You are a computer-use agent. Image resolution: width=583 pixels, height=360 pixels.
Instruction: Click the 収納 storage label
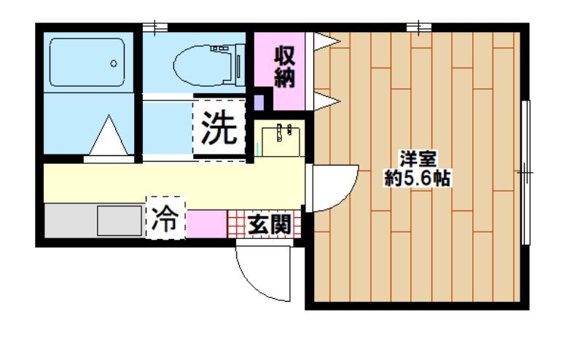[x=284, y=67]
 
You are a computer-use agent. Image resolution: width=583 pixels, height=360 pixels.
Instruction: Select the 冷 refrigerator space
[x=165, y=218]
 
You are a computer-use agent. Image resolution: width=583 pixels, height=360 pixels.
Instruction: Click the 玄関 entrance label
[x=269, y=224]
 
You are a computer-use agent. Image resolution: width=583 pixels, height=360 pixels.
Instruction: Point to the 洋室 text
[x=418, y=160]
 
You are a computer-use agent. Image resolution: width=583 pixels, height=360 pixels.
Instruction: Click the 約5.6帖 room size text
[x=418, y=178]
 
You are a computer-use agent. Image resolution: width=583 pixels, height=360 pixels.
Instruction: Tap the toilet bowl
[x=205, y=65]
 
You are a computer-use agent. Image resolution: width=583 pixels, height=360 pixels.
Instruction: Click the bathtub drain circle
[x=114, y=63]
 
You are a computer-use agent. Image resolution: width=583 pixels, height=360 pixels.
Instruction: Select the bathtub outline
[x=87, y=62]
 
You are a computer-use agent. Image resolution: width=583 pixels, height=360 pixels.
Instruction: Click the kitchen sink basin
[x=120, y=221]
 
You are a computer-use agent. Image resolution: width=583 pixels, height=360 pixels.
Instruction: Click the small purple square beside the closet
[x=259, y=102]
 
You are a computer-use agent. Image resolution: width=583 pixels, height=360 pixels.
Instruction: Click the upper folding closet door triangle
[x=326, y=41]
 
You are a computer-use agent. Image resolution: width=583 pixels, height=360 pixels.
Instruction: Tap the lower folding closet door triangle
[x=326, y=101]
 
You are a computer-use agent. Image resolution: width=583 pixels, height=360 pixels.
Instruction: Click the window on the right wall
[x=525, y=173]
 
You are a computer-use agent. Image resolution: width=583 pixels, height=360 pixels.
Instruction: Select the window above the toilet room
[x=155, y=27]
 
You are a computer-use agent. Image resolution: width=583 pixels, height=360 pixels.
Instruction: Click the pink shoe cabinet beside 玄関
[x=206, y=224]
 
